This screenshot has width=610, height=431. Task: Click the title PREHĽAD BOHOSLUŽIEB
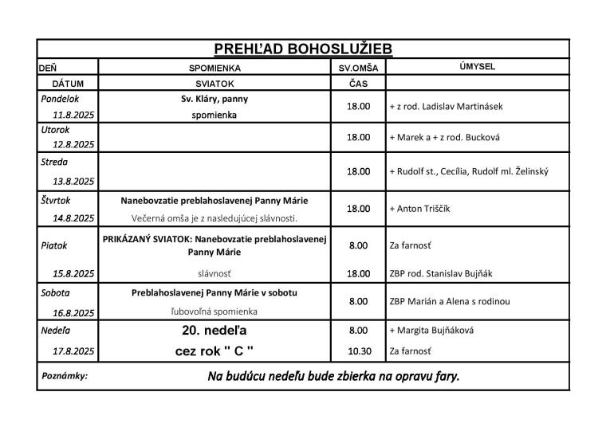point(302,49)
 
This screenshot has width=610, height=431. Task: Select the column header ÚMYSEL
point(477,68)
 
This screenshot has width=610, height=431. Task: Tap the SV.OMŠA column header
point(358,69)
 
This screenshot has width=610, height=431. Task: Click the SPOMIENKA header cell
point(214,69)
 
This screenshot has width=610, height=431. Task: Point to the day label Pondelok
point(60,99)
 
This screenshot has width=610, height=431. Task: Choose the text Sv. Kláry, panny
point(214,100)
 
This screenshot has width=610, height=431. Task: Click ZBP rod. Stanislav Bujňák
point(441,273)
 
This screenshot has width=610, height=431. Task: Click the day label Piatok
point(54,246)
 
